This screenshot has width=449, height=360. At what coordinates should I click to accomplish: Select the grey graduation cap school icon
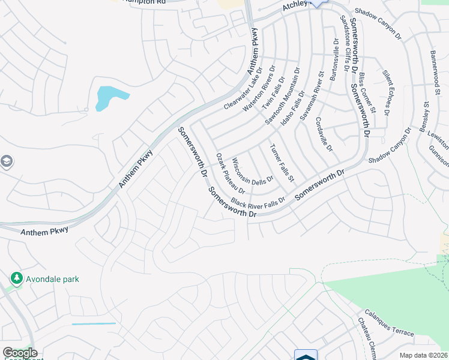(x=7, y=161)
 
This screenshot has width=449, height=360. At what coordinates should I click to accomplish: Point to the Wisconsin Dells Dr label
(x=253, y=171)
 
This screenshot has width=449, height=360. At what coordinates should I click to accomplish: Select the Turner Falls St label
(x=282, y=163)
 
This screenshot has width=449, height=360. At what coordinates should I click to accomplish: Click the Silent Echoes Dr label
(x=386, y=92)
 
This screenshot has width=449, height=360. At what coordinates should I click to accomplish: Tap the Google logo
(x=20, y=353)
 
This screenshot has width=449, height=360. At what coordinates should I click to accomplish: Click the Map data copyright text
(x=424, y=355)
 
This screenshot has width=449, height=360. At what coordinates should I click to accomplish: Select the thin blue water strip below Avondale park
(x=94, y=324)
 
